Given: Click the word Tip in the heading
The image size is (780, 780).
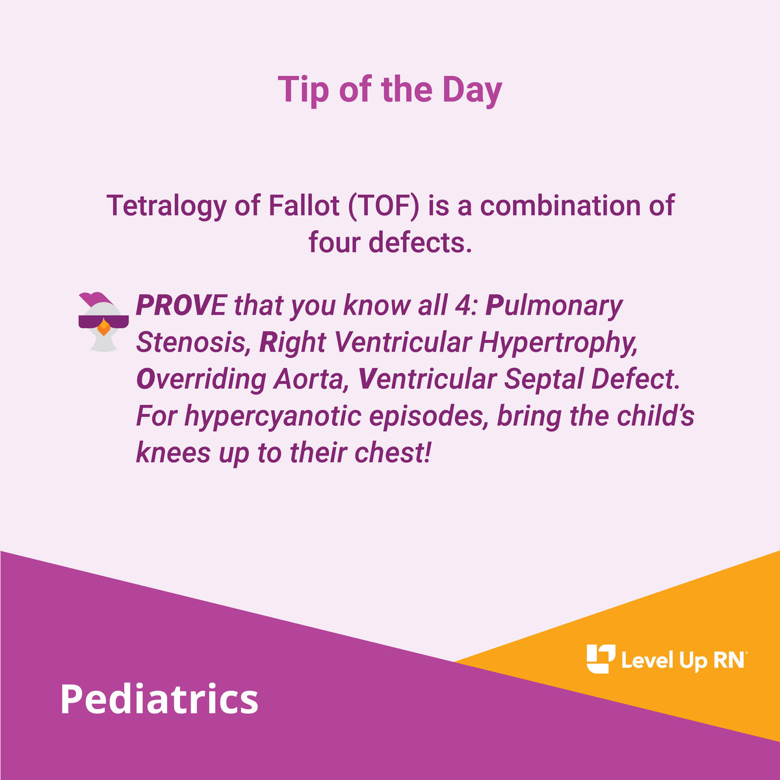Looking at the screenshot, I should point(302,90).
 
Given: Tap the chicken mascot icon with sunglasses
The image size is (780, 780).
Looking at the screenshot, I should point(103,322).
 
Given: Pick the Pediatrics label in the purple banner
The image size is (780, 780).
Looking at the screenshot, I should point(159,699).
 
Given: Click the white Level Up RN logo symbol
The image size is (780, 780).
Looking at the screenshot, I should point(601,659).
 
